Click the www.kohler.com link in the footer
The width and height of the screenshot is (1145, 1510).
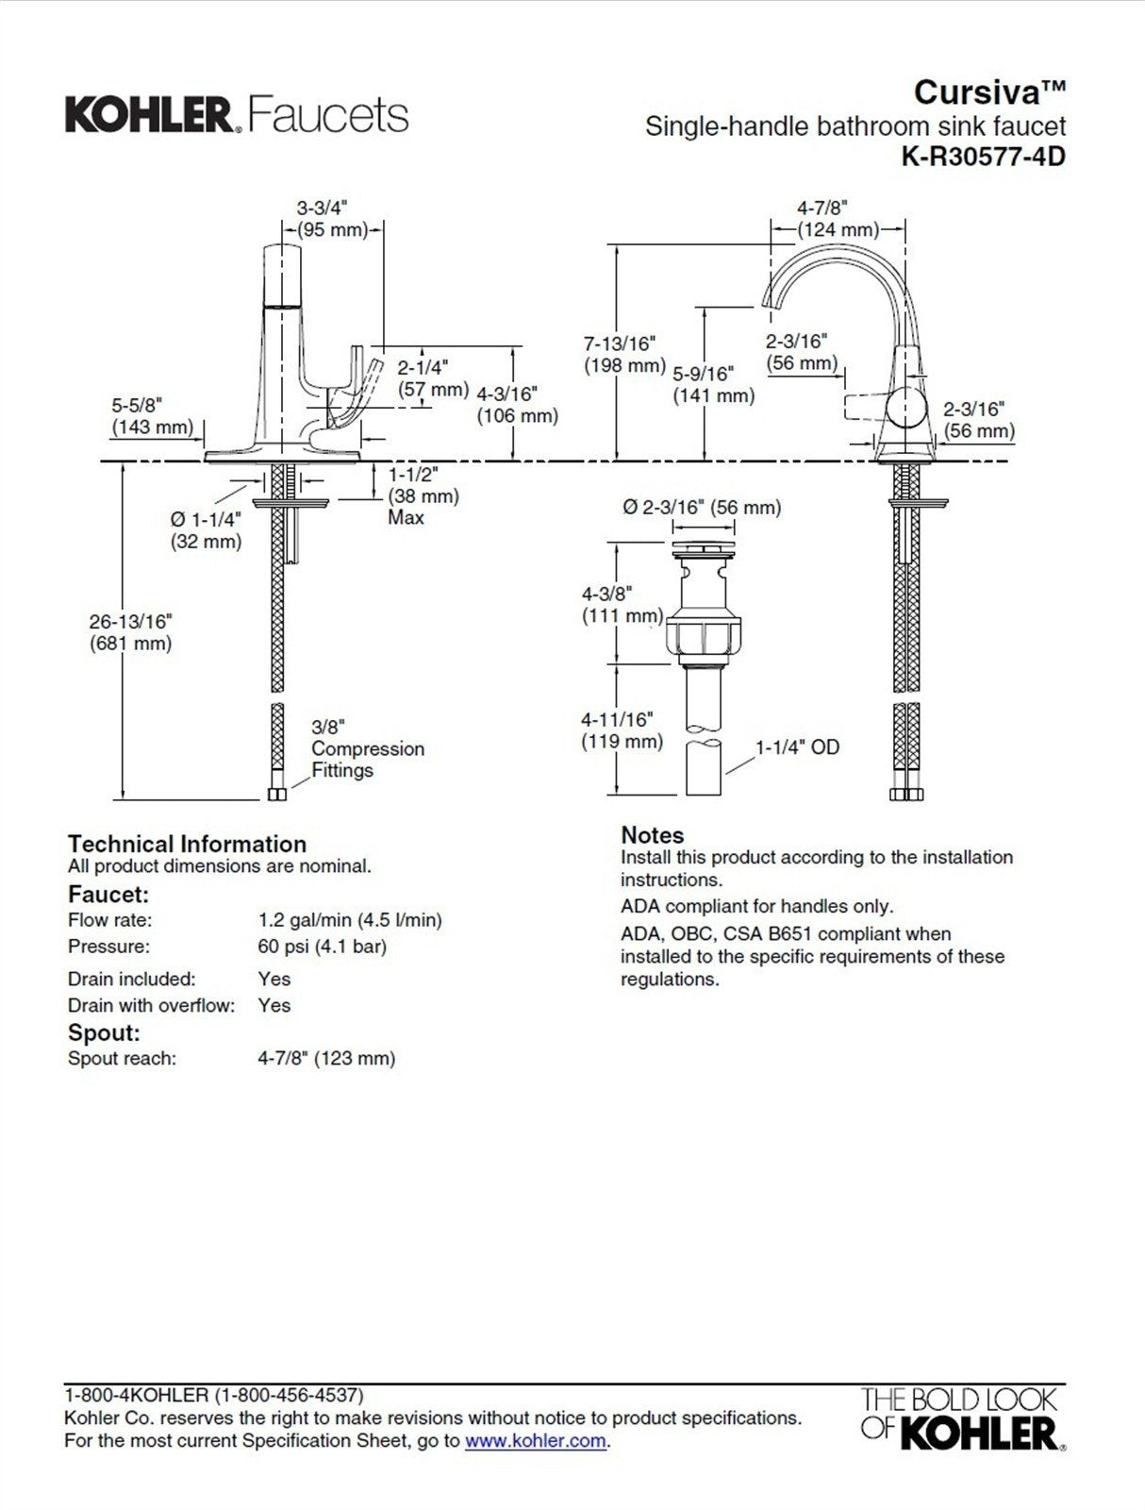535,1441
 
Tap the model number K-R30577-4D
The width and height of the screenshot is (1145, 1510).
983,157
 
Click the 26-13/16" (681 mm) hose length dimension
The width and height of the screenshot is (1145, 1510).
131,632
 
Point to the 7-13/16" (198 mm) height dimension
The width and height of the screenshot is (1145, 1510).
623,354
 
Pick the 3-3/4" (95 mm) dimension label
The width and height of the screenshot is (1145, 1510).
331,219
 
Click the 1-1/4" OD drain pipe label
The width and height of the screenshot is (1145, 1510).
797,747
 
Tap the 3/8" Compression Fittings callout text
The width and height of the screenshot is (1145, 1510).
367,748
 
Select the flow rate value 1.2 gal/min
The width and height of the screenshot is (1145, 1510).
350,920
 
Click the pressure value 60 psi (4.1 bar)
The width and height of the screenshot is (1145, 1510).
323,947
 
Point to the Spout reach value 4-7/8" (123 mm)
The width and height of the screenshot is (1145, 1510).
326,1059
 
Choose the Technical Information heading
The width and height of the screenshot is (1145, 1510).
187,844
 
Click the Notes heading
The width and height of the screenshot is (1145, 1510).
652,835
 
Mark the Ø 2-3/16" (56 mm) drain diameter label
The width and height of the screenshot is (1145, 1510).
702,508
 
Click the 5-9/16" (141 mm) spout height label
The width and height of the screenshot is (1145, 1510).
713,385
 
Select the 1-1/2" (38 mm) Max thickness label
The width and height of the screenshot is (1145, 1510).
423,495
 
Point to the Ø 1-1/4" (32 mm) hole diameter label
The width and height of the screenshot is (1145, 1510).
206,530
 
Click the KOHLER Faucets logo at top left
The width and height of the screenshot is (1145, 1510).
237,115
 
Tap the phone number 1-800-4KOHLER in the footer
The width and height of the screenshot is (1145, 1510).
213,1395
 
